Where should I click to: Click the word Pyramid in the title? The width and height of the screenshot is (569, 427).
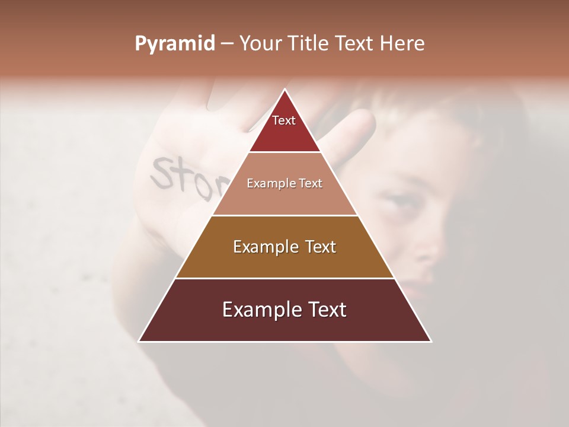(174, 44)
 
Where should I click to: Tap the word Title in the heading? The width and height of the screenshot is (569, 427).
(311, 44)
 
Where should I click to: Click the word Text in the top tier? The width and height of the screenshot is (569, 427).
(284, 120)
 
